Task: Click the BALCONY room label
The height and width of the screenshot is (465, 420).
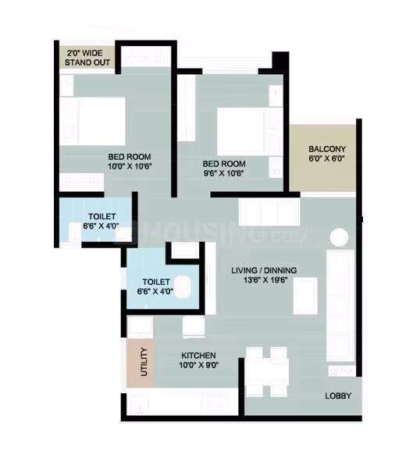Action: [x=327, y=149]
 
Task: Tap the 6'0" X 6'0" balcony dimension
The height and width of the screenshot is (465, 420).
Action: [x=326, y=158]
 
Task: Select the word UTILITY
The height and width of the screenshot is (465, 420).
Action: [x=144, y=362]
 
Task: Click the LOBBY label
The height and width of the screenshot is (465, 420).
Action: [x=338, y=396]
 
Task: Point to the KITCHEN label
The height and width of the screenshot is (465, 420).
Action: [x=198, y=355]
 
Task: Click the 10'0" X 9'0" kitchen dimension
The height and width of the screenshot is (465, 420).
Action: [x=199, y=365]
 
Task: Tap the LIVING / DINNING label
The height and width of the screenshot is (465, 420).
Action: [x=264, y=271]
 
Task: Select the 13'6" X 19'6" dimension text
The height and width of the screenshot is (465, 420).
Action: [x=265, y=280]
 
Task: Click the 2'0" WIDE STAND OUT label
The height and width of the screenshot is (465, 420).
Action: [x=87, y=58]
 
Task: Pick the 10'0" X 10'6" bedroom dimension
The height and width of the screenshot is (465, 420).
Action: [x=130, y=166]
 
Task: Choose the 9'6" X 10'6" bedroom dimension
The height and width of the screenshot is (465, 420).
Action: [x=223, y=173]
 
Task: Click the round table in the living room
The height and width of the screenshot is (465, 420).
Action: [x=339, y=237]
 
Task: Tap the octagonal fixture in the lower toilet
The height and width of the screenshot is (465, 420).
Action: [x=182, y=286]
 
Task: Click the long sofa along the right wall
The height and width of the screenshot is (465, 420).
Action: [x=340, y=306]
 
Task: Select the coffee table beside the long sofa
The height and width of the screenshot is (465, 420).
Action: [x=305, y=296]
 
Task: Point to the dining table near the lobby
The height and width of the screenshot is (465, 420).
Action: [x=266, y=372]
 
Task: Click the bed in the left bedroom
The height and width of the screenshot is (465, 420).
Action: [x=92, y=121]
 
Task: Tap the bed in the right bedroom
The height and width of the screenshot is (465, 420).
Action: [x=250, y=131]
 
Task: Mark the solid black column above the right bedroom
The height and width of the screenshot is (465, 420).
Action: [x=280, y=60]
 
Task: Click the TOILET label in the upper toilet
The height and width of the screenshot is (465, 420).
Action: [x=101, y=216]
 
